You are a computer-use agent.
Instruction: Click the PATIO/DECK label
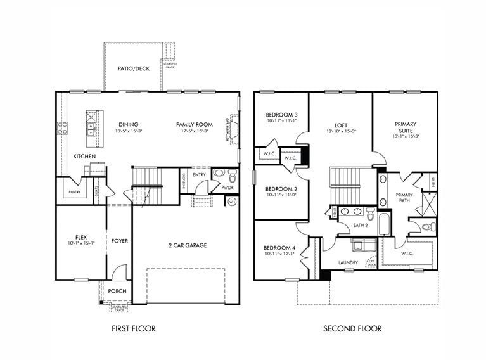point(133,68)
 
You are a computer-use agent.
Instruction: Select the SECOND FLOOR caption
point(352,328)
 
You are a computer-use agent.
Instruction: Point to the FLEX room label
point(80,237)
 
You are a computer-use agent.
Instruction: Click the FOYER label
point(120,241)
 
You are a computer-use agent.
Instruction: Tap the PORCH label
point(117,291)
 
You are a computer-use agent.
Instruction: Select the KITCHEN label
point(84,156)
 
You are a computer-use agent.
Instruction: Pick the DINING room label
point(129,124)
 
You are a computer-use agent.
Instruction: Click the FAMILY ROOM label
point(194,124)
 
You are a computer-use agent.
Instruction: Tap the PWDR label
point(228,188)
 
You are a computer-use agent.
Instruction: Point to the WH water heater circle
point(232,202)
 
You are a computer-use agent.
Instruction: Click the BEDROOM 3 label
point(281,115)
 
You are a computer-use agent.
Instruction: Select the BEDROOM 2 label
point(281,189)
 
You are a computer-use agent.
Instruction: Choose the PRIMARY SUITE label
point(405,128)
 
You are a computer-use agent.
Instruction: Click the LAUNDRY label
point(348,262)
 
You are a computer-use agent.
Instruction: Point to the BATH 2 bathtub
point(385,222)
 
